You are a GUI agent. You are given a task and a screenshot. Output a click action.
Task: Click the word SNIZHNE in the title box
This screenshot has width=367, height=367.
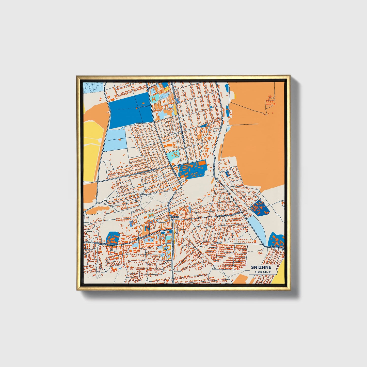[x=261, y=267]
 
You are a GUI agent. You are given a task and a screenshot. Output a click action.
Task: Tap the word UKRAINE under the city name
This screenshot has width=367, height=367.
[x=263, y=272]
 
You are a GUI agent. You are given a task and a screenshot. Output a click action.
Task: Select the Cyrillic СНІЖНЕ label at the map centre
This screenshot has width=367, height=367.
[x=174, y=217]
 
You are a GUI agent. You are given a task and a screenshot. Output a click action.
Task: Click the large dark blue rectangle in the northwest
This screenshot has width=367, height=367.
[x=131, y=110]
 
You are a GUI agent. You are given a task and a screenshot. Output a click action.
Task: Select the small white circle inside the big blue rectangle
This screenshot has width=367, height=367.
[x=139, y=107]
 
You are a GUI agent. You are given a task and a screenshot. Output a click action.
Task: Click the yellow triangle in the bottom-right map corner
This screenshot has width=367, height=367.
[x=279, y=274]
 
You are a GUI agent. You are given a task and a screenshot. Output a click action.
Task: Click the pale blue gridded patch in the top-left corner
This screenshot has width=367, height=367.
[x=93, y=88]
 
